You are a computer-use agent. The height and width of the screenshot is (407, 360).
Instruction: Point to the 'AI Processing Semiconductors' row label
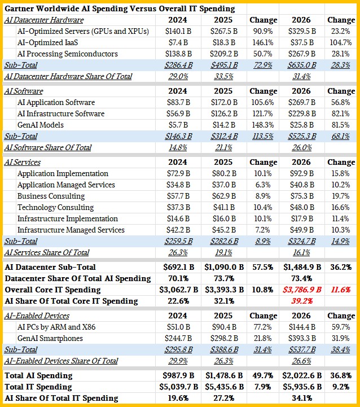pos(67,54)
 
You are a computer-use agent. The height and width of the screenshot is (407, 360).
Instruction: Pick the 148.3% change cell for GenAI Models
pos(264,125)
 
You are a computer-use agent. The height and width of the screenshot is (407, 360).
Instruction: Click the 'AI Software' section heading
pos(24,91)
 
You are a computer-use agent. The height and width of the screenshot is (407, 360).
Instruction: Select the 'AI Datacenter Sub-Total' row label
pos(50,267)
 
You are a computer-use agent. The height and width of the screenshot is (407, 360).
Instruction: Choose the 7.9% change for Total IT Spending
pos(264,387)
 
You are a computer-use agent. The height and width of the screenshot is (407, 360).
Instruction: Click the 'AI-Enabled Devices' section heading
pos(37,316)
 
